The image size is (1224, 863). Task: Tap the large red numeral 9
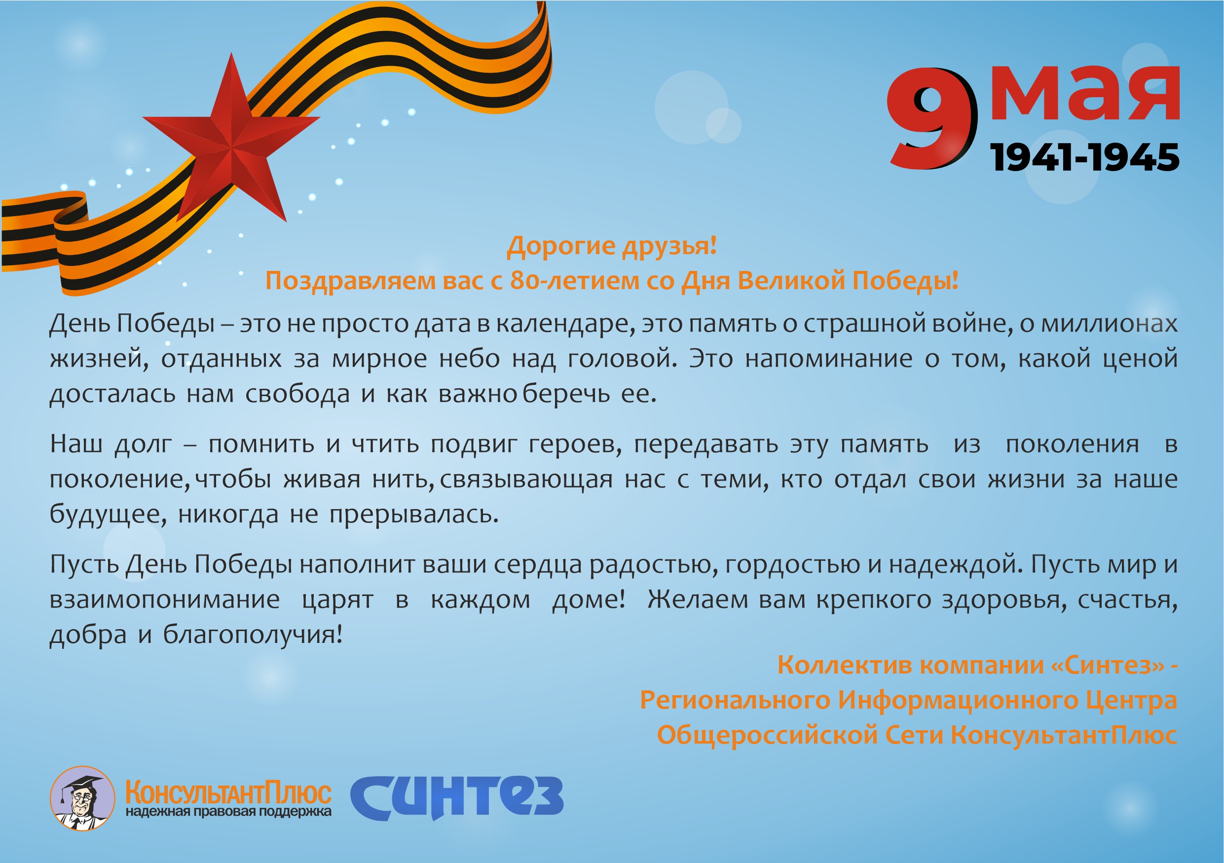(x=932, y=118)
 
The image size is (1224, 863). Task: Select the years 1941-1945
(x=1084, y=157)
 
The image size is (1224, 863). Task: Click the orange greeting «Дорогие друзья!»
(x=612, y=246)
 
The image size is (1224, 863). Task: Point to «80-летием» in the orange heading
(x=575, y=280)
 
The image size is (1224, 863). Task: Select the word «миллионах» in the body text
(x=1110, y=324)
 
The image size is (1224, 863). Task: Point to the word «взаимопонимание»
(x=165, y=600)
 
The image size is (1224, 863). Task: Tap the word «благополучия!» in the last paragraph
(x=253, y=635)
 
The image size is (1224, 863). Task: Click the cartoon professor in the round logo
(x=82, y=798)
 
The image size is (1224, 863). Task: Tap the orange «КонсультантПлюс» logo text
(x=228, y=792)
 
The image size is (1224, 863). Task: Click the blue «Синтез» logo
(x=456, y=797)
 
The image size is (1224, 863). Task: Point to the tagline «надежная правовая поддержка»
(x=228, y=812)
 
